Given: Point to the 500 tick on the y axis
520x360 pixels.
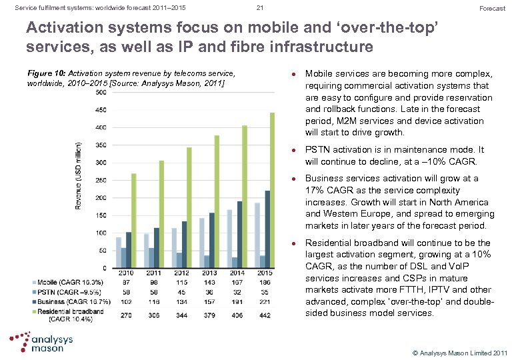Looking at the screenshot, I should click(x=101, y=92).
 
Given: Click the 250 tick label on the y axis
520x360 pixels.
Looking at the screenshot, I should click(x=101, y=180).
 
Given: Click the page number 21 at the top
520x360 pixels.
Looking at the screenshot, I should click(x=260, y=8).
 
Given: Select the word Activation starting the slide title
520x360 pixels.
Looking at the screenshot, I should click(x=63, y=31).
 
